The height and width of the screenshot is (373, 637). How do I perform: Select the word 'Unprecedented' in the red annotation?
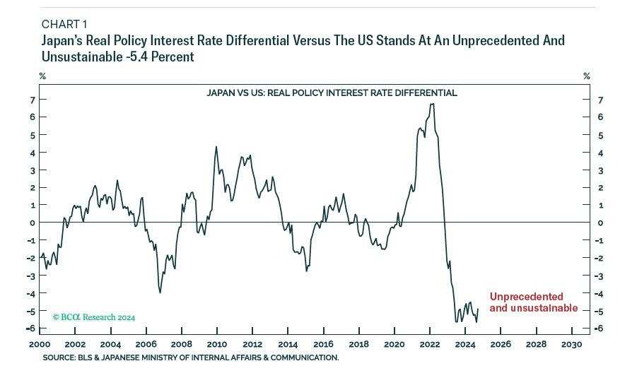526,297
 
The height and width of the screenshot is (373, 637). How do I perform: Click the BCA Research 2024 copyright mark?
94,317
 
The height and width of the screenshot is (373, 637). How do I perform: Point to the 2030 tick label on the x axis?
571,345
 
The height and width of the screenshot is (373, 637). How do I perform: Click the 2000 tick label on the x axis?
39,345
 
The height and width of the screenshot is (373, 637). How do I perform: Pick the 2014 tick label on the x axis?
288,345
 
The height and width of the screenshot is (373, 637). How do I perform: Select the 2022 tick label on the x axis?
429,345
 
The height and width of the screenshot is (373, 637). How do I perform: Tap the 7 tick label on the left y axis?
32,100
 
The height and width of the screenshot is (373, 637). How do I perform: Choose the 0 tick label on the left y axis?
32,223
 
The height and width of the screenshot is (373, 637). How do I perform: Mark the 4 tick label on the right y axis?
600,153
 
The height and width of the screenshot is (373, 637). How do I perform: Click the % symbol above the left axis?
42,76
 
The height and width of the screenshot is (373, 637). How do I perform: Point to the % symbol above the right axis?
586,76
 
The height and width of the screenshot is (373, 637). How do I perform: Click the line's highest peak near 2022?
432,104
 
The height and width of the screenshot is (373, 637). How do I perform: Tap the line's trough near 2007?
160,292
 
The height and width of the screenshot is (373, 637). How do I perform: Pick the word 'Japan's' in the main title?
62,41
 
